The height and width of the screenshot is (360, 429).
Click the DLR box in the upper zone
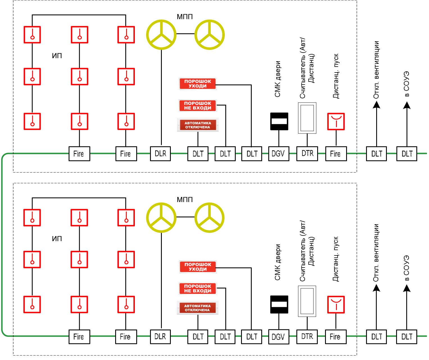point(160,153)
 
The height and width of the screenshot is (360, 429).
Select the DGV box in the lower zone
point(279,337)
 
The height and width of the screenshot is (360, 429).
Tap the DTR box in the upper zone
point(307,153)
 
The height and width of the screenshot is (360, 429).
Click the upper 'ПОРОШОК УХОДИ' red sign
point(198,84)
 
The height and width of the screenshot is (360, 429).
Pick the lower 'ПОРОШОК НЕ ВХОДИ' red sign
point(198,288)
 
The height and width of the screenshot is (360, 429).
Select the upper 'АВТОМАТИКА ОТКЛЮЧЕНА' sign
point(198,125)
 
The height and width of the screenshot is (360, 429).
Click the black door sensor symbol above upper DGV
point(279,121)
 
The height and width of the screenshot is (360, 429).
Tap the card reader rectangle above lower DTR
point(307,301)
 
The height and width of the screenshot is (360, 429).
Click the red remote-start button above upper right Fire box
point(336,121)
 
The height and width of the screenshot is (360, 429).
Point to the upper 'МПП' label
point(185,17)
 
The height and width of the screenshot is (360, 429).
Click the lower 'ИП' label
point(57,239)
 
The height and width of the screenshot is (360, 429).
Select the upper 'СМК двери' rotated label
point(277,79)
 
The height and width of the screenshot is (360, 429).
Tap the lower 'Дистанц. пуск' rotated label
point(335,259)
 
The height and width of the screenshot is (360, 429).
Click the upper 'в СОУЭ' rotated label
point(407,84)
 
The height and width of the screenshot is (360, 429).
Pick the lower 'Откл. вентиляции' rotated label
point(376,253)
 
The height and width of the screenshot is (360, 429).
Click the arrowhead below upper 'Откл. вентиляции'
point(376,105)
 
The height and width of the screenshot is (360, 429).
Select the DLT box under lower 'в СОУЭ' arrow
point(407,337)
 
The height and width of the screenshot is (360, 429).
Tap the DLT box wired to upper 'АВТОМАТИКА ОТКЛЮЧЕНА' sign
point(198,153)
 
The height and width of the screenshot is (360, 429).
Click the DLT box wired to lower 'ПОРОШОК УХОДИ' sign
point(251,337)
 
